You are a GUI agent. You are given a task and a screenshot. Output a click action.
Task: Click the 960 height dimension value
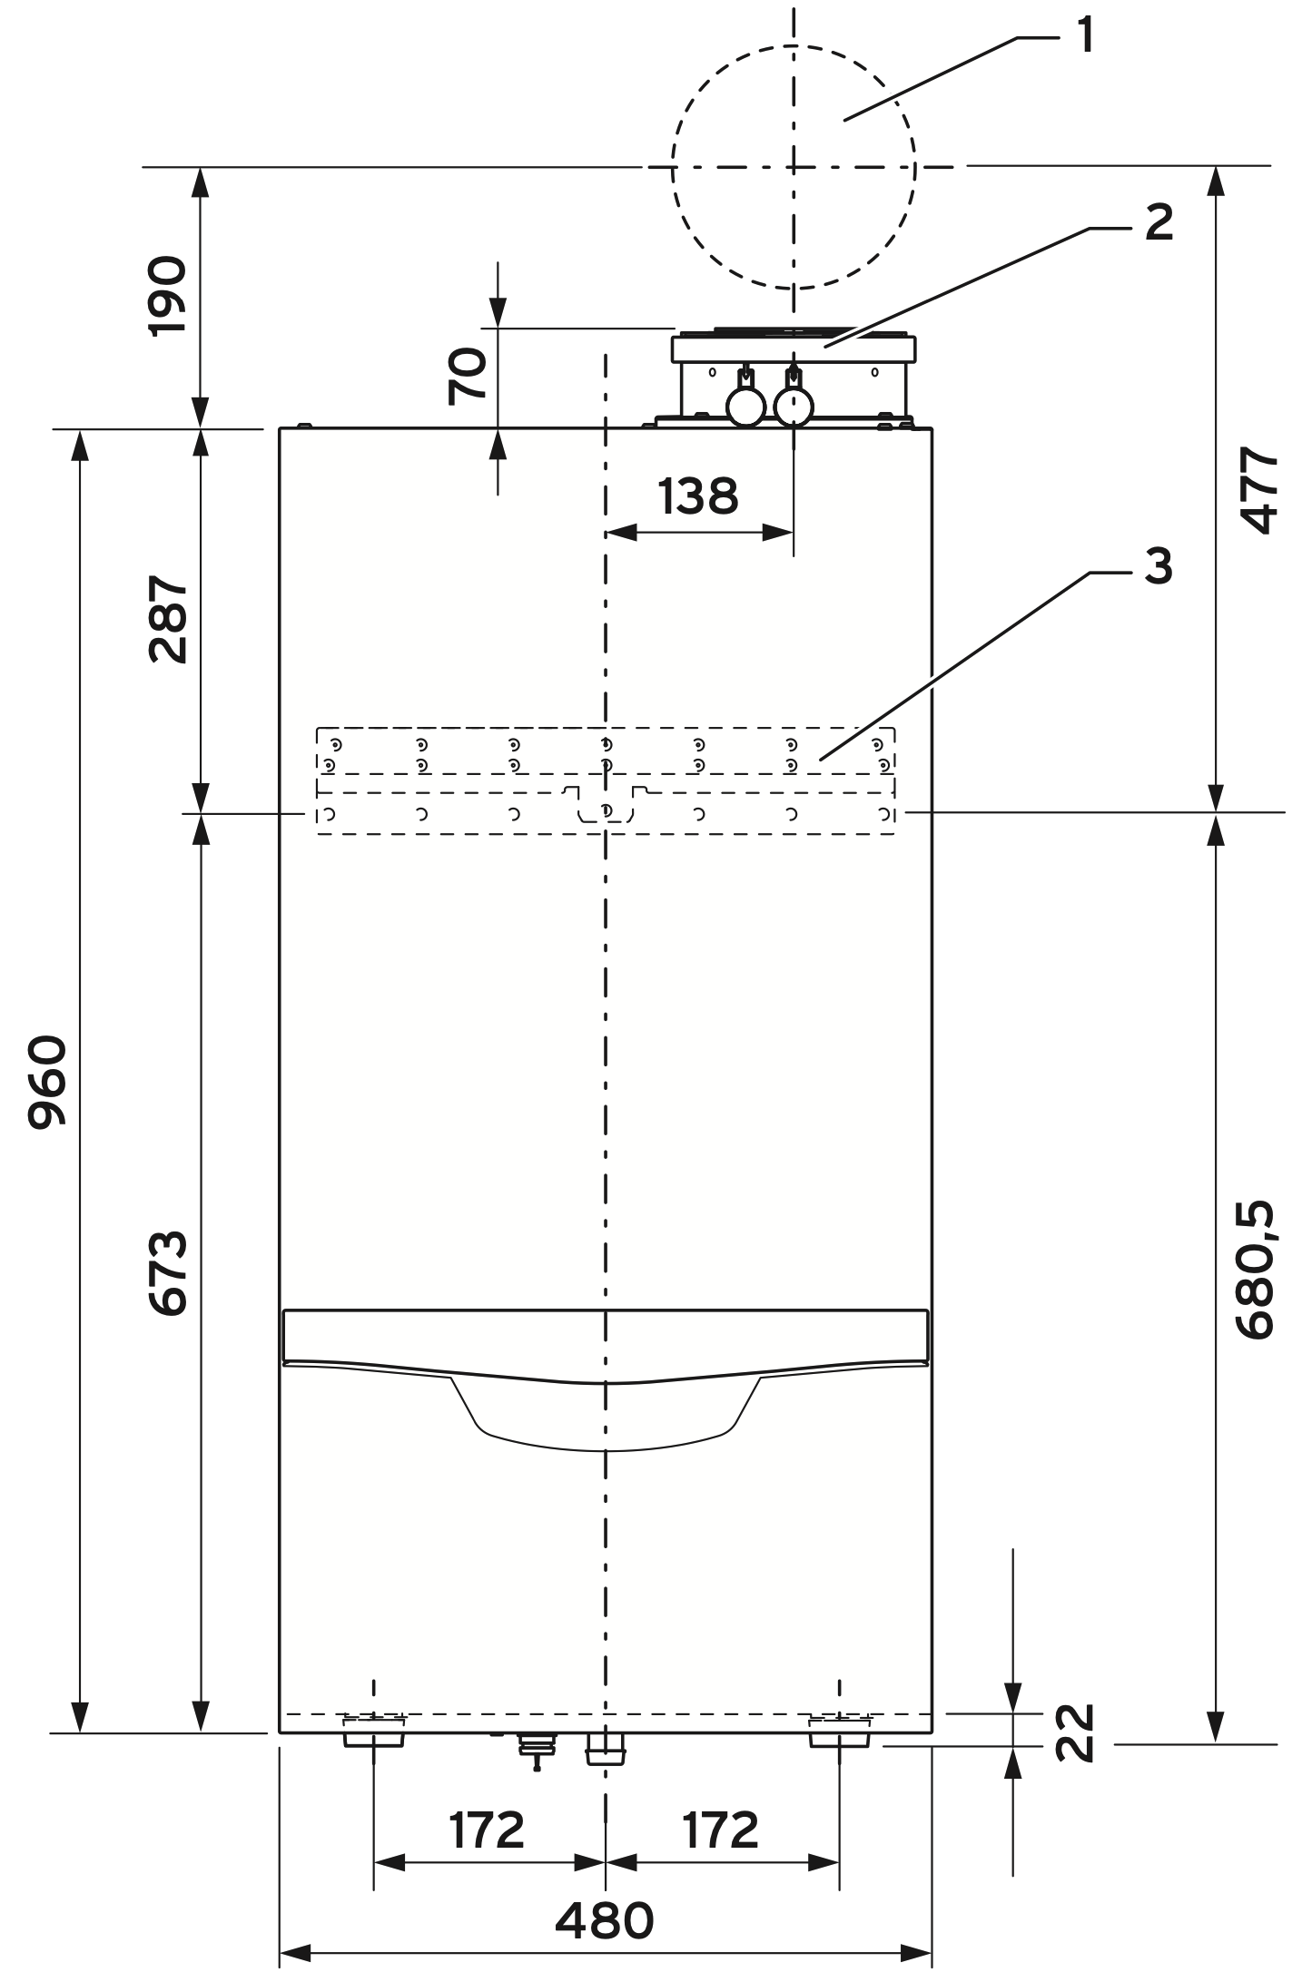click(x=47, y=1082)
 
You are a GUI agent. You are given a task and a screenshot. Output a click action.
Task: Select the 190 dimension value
click(x=167, y=297)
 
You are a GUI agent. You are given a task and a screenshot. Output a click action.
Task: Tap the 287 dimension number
click(x=168, y=619)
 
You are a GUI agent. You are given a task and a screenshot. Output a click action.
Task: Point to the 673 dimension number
click(x=168, y=1272)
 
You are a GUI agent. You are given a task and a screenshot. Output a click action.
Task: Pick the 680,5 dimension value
click(x=1256, y=1270)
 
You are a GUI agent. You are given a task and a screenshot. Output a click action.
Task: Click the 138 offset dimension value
click(x=698, y=496)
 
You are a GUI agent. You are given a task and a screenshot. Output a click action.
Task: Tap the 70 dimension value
click(x=468, y=377)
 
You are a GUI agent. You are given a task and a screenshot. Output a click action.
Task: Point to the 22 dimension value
click(x=1076, y=1732)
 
